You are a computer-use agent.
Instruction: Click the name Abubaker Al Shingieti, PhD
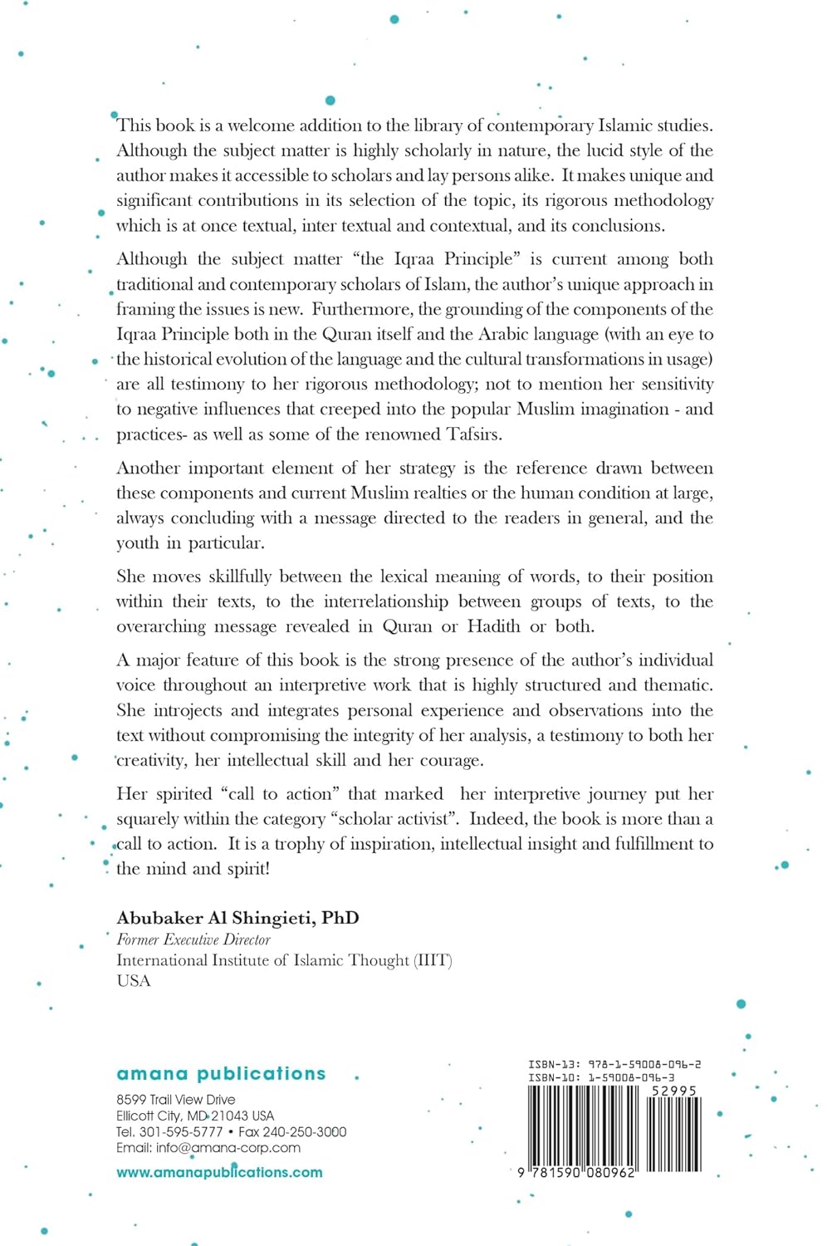(x=237, y=918)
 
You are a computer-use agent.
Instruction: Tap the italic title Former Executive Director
(x=193, y=939)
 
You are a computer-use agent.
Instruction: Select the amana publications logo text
(x=221, y=1073)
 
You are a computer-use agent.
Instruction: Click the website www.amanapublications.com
(x=219, y=1172)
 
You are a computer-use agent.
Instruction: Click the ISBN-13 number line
(x=614, y=1064)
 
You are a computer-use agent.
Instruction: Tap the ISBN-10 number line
(x=601, y=1077)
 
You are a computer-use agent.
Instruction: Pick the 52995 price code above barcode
(x=673, y=1091)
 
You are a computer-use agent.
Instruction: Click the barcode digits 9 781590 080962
(x=575, y=1173)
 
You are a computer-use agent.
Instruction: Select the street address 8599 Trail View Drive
(x=176, y=1100)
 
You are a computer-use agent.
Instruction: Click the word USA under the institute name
(x=134, y=981)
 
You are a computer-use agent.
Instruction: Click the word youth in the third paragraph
(x=137, y=543)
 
